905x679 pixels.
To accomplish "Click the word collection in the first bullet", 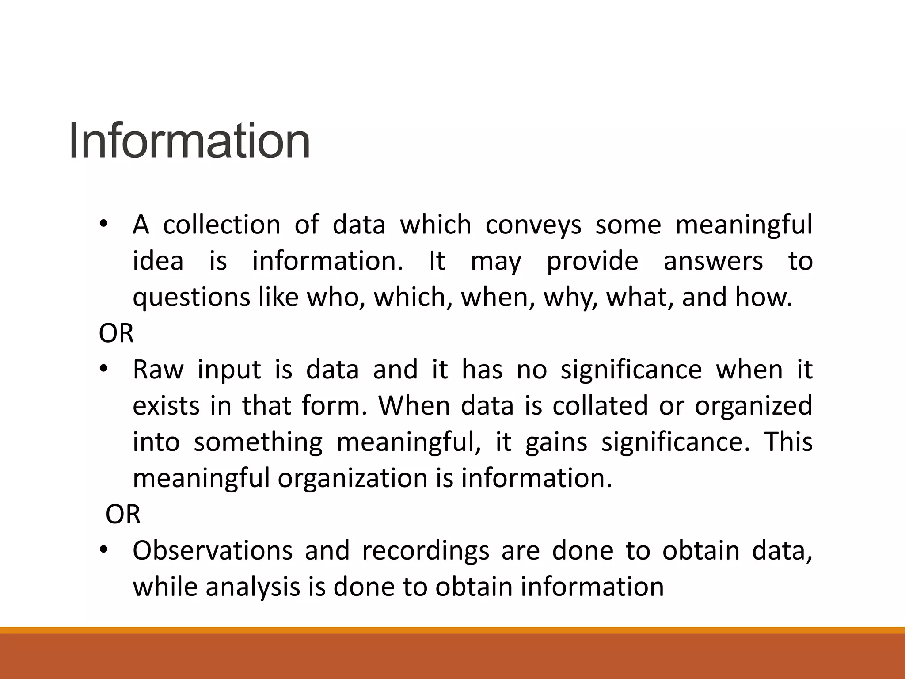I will click(222, 224).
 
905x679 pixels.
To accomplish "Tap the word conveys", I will click(533, 224).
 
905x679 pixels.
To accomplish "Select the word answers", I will click(713, 261).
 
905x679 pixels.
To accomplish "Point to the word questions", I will click(191, 297).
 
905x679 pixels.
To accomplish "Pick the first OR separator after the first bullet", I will click(116, 333).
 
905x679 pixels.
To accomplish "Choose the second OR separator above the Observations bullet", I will click(123, 514).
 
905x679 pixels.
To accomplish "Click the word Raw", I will click(158, 370).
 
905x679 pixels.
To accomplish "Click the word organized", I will click(753, 406).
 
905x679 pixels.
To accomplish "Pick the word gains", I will click(556, 442).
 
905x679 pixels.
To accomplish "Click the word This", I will click(788, 442).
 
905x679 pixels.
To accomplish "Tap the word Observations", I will click(213, 550).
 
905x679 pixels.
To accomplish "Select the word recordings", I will click(426, 550).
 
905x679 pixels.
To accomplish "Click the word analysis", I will click(253, 587).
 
